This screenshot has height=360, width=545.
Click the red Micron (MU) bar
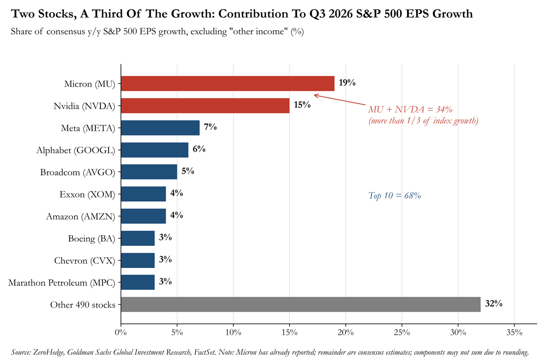pos(228,84)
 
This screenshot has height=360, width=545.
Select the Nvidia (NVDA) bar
pos(205,106)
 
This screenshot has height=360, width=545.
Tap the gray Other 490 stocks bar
pos(301,305)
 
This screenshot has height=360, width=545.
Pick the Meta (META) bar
pos(161,128)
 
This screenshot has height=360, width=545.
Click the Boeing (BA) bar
pos(138,238)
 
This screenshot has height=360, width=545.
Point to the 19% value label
pos(347,83)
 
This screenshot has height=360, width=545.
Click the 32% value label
pos(493,304)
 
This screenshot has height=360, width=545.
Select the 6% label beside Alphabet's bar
pos(199,149)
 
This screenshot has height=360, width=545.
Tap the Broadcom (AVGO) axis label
pos(77,173)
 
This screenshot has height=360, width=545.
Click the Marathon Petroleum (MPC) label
pos(62,283)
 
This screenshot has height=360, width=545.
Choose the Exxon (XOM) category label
pos(87,194)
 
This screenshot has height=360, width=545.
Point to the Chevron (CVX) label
pos(85,261)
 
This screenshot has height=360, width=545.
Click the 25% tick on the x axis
pos(402,332)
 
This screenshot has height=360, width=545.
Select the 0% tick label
pos(121,332)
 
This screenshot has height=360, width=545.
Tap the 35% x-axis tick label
pos(514,332)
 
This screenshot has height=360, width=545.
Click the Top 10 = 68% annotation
pos(395,196)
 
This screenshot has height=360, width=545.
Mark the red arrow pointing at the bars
pos(340,100)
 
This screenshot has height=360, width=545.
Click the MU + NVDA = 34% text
pos(410,110)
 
